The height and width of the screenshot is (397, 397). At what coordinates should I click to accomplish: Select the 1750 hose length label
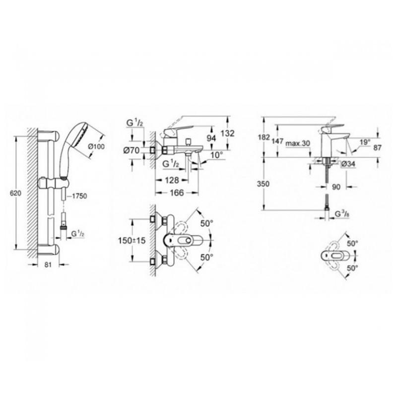79,196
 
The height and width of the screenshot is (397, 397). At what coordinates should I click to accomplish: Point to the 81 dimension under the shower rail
48,265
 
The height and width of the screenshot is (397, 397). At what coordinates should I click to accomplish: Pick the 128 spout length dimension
172,179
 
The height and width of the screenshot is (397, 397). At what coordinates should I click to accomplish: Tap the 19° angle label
365,142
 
